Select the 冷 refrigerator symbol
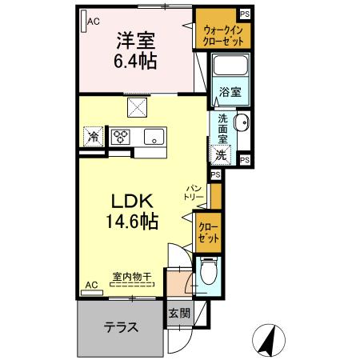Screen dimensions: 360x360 click(x=94, y=136)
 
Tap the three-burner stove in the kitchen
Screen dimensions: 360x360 click(x=121, y=136)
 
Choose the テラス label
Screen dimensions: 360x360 click(x=121, y=326)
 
